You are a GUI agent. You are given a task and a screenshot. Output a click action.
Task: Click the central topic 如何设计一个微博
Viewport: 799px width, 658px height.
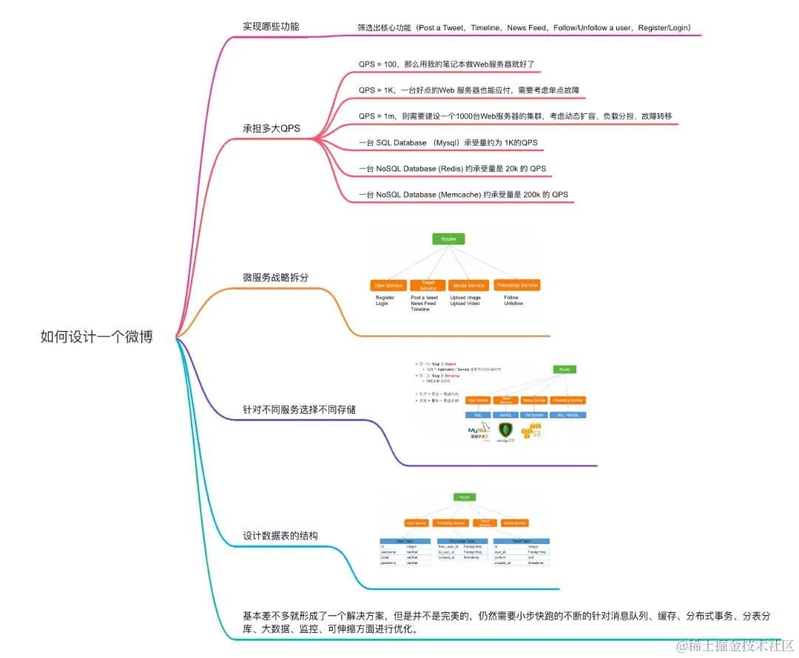tap(97, 337)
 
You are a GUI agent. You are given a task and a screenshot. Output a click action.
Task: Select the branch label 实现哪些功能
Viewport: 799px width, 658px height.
tap(271, 27)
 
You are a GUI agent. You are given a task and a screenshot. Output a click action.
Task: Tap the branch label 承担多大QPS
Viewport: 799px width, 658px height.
tap(272, 128)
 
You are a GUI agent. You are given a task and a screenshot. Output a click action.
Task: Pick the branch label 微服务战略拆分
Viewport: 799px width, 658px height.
tap(275, 278)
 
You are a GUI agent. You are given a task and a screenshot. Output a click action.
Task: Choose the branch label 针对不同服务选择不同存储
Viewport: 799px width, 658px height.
tap(303, 409)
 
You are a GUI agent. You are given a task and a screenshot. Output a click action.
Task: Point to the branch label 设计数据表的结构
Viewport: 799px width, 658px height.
tap(280, 535)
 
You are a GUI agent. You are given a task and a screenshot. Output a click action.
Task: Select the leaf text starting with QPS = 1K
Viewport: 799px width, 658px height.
tap(468, 90)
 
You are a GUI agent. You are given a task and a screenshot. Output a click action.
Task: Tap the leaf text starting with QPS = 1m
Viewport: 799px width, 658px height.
tap(515, 116)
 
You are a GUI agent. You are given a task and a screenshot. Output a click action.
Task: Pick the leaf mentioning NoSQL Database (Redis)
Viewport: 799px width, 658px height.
tap(452, 169)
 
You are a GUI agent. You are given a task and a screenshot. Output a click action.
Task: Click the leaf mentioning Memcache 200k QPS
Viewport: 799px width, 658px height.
tap(463, 195)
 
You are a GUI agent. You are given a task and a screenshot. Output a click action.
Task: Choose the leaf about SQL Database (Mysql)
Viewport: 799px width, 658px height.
tap(448, 142)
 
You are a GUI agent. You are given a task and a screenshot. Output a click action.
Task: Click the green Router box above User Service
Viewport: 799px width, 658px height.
tap(449, 239)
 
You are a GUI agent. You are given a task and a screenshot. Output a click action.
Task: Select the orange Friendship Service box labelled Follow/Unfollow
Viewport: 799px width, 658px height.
tap(516, 285)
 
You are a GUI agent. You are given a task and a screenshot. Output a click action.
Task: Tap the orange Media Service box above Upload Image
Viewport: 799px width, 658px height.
tap(468, 285)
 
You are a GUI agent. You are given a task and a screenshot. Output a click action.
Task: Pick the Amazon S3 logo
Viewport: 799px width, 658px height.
tap(533, 429)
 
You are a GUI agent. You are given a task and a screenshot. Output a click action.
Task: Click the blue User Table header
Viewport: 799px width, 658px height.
tap(405, 541)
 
